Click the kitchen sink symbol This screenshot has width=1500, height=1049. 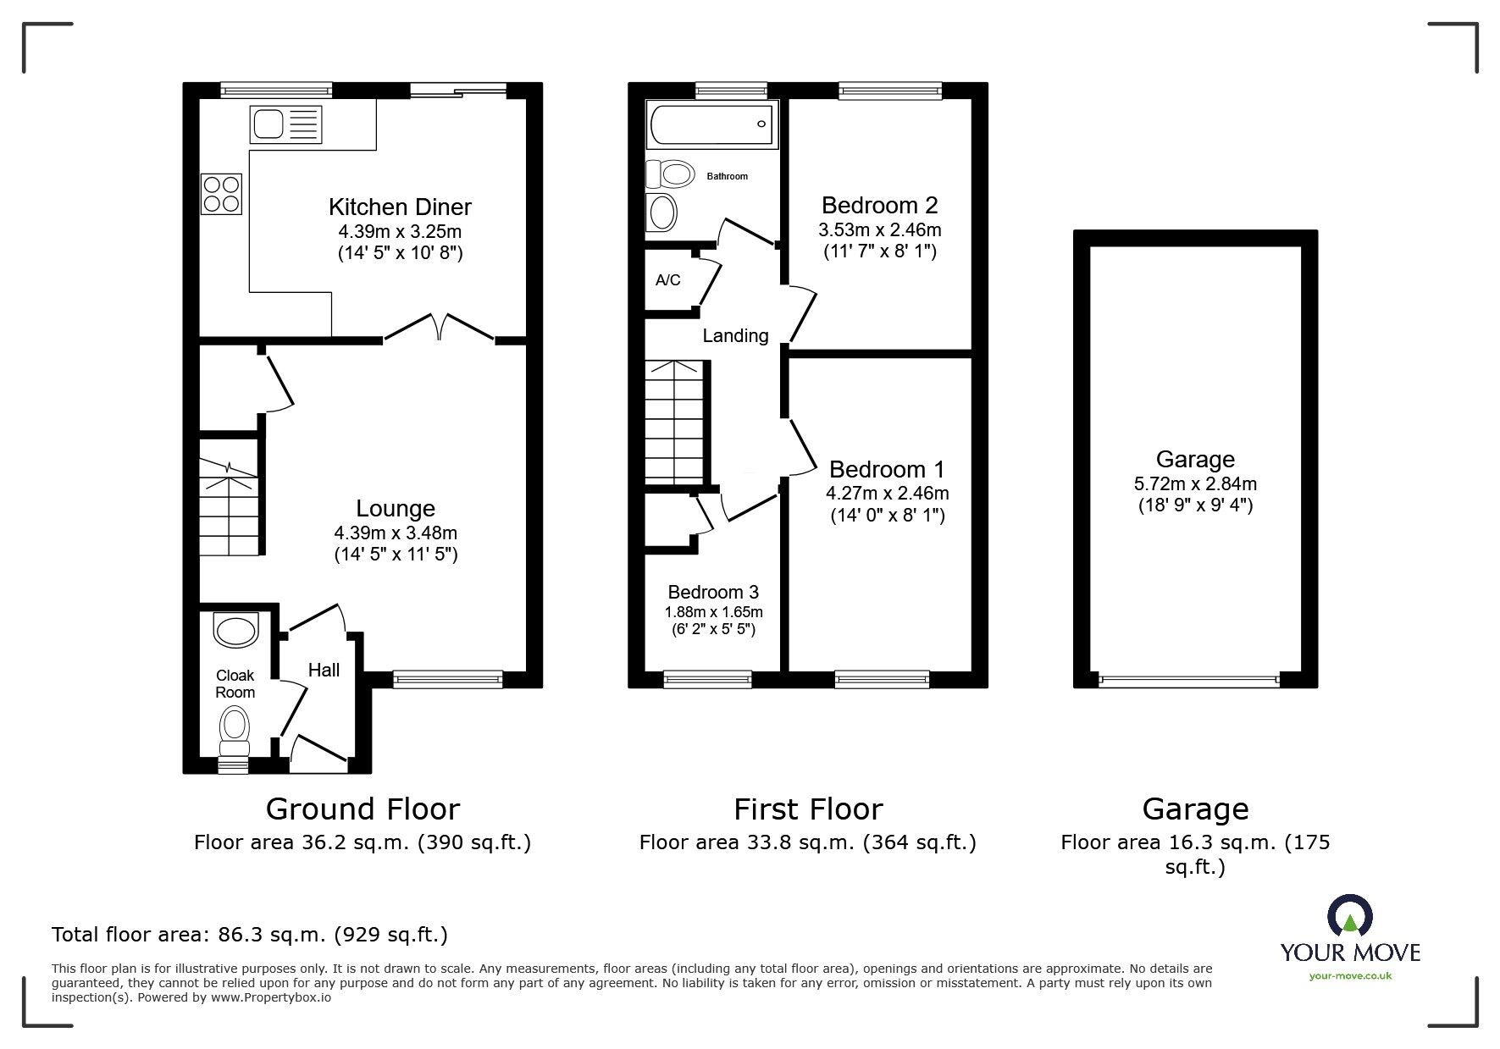tap(286, 124)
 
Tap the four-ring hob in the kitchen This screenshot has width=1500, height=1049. tap(222, 193)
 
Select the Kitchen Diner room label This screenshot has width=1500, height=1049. tap(400, 207)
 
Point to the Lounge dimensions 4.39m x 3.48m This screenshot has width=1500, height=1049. tap(396, 533)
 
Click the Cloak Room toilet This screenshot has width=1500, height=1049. tap(235, 730)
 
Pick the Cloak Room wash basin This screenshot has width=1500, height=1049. tap(235, 631)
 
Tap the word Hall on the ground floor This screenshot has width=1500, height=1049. tap(324, 670)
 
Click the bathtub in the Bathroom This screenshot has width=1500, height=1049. tap(711, 124)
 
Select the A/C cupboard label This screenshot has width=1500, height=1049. tap(667, 280)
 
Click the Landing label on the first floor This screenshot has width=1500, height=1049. tap(735, 336)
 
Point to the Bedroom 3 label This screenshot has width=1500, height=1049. tap(713, 592)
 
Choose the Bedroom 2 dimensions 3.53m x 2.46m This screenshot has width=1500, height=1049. tap(880, 229)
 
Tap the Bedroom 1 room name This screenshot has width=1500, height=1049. tap(887, 469)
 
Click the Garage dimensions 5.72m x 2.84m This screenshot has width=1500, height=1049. tap(1195, 484)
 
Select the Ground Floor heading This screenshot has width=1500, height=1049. tap(363, 809)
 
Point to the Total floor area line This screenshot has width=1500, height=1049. tap(250, 935)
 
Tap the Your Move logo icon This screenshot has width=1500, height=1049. tap(1349, 918)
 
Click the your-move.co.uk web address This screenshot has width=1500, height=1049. tap(1350, 976)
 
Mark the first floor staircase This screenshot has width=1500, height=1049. tap(675, 422)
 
